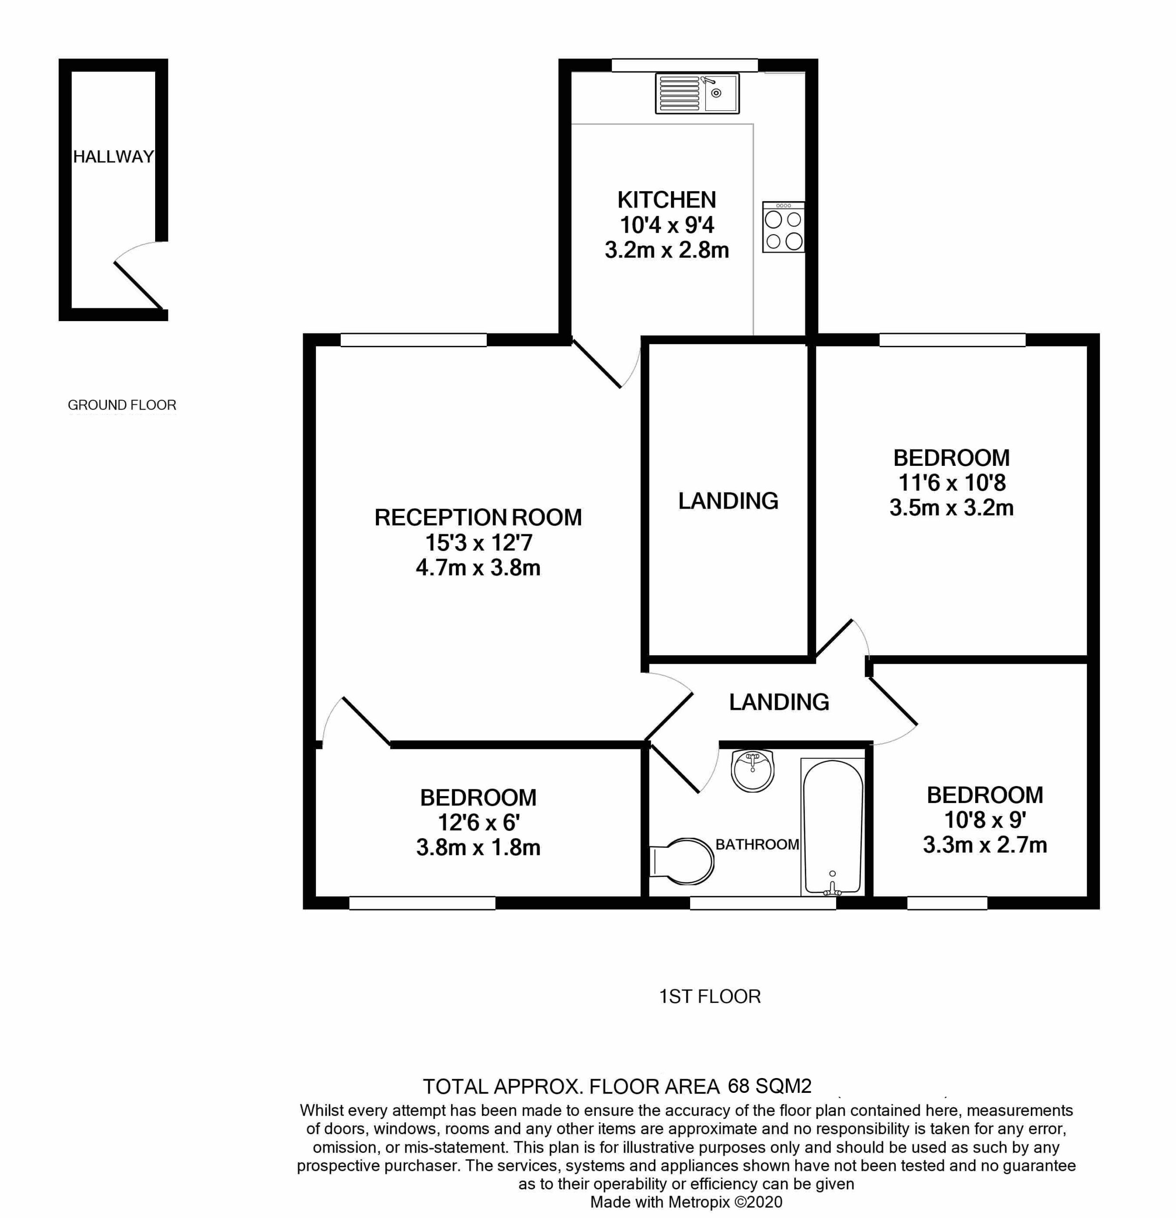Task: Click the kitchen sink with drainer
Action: coord(697,94)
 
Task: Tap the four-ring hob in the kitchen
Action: coord(783,227)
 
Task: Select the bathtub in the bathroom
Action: coord(832,826)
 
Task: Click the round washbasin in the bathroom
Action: coord(753,771)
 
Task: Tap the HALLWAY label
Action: coord(113,157)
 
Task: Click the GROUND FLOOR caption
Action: coord(122,405)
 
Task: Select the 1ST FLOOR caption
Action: coord(709,996)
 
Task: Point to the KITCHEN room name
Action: coord(666,200)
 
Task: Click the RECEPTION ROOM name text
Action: coord(478,518)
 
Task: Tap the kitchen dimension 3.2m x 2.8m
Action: coord(666,250)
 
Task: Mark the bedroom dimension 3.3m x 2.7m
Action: coord(985,845)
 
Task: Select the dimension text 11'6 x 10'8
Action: coord(952,483)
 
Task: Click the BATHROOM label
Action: coord(757,845)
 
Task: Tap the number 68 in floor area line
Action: coord(739,1086)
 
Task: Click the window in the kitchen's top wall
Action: coord(684,65)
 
